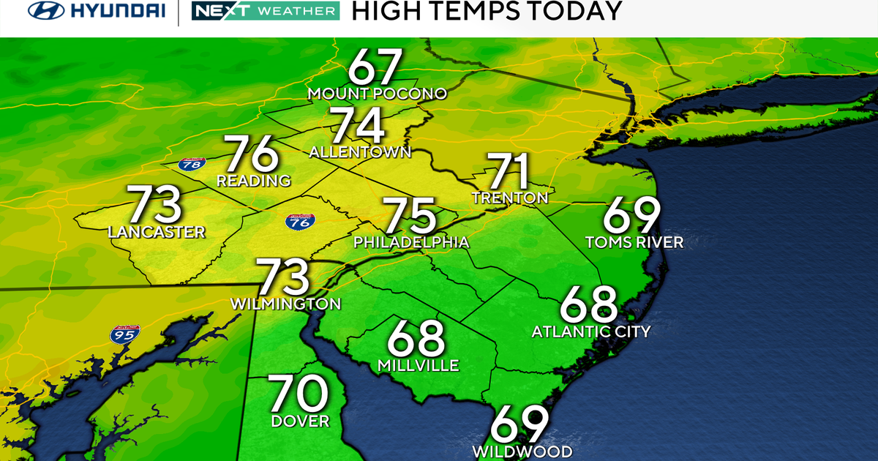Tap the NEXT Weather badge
(264, 11)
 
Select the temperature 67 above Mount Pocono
(375, 67)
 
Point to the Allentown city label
(360, 152)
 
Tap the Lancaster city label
(156, 233)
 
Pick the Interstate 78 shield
(191, 164)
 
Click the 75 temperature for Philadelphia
(410, 216)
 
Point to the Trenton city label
(510, 198)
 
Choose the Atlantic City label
(590, 331)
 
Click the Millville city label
(418, 365)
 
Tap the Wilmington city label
(285, 303)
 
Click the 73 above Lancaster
(154, 204)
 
